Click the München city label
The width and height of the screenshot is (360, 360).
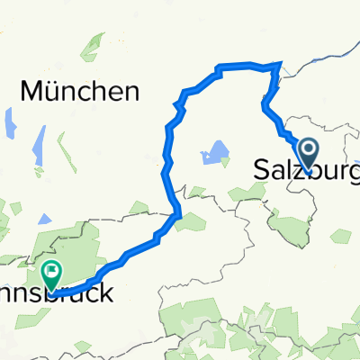coord(79,91)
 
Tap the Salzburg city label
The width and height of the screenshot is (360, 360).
coord(306,168)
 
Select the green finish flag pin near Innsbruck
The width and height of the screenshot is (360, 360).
coord(53,271)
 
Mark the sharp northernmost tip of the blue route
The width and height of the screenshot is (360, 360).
coord(281,62)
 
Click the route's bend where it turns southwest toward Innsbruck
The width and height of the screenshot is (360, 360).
coord(179,213)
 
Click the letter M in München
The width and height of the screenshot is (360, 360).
coord(31,91)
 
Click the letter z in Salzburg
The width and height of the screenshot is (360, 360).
coord(294,168)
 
